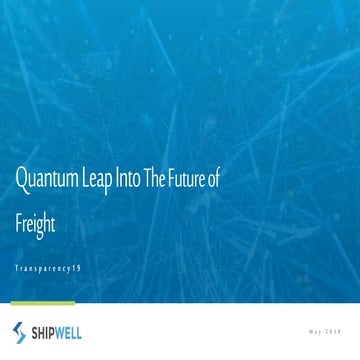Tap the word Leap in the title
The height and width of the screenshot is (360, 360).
[x=108, y=181]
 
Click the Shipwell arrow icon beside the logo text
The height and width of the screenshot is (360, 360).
[x=20, y=331]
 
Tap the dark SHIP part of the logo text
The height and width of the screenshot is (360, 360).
[x=47, y=331]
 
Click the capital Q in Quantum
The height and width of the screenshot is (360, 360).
[x=20, y=180]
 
